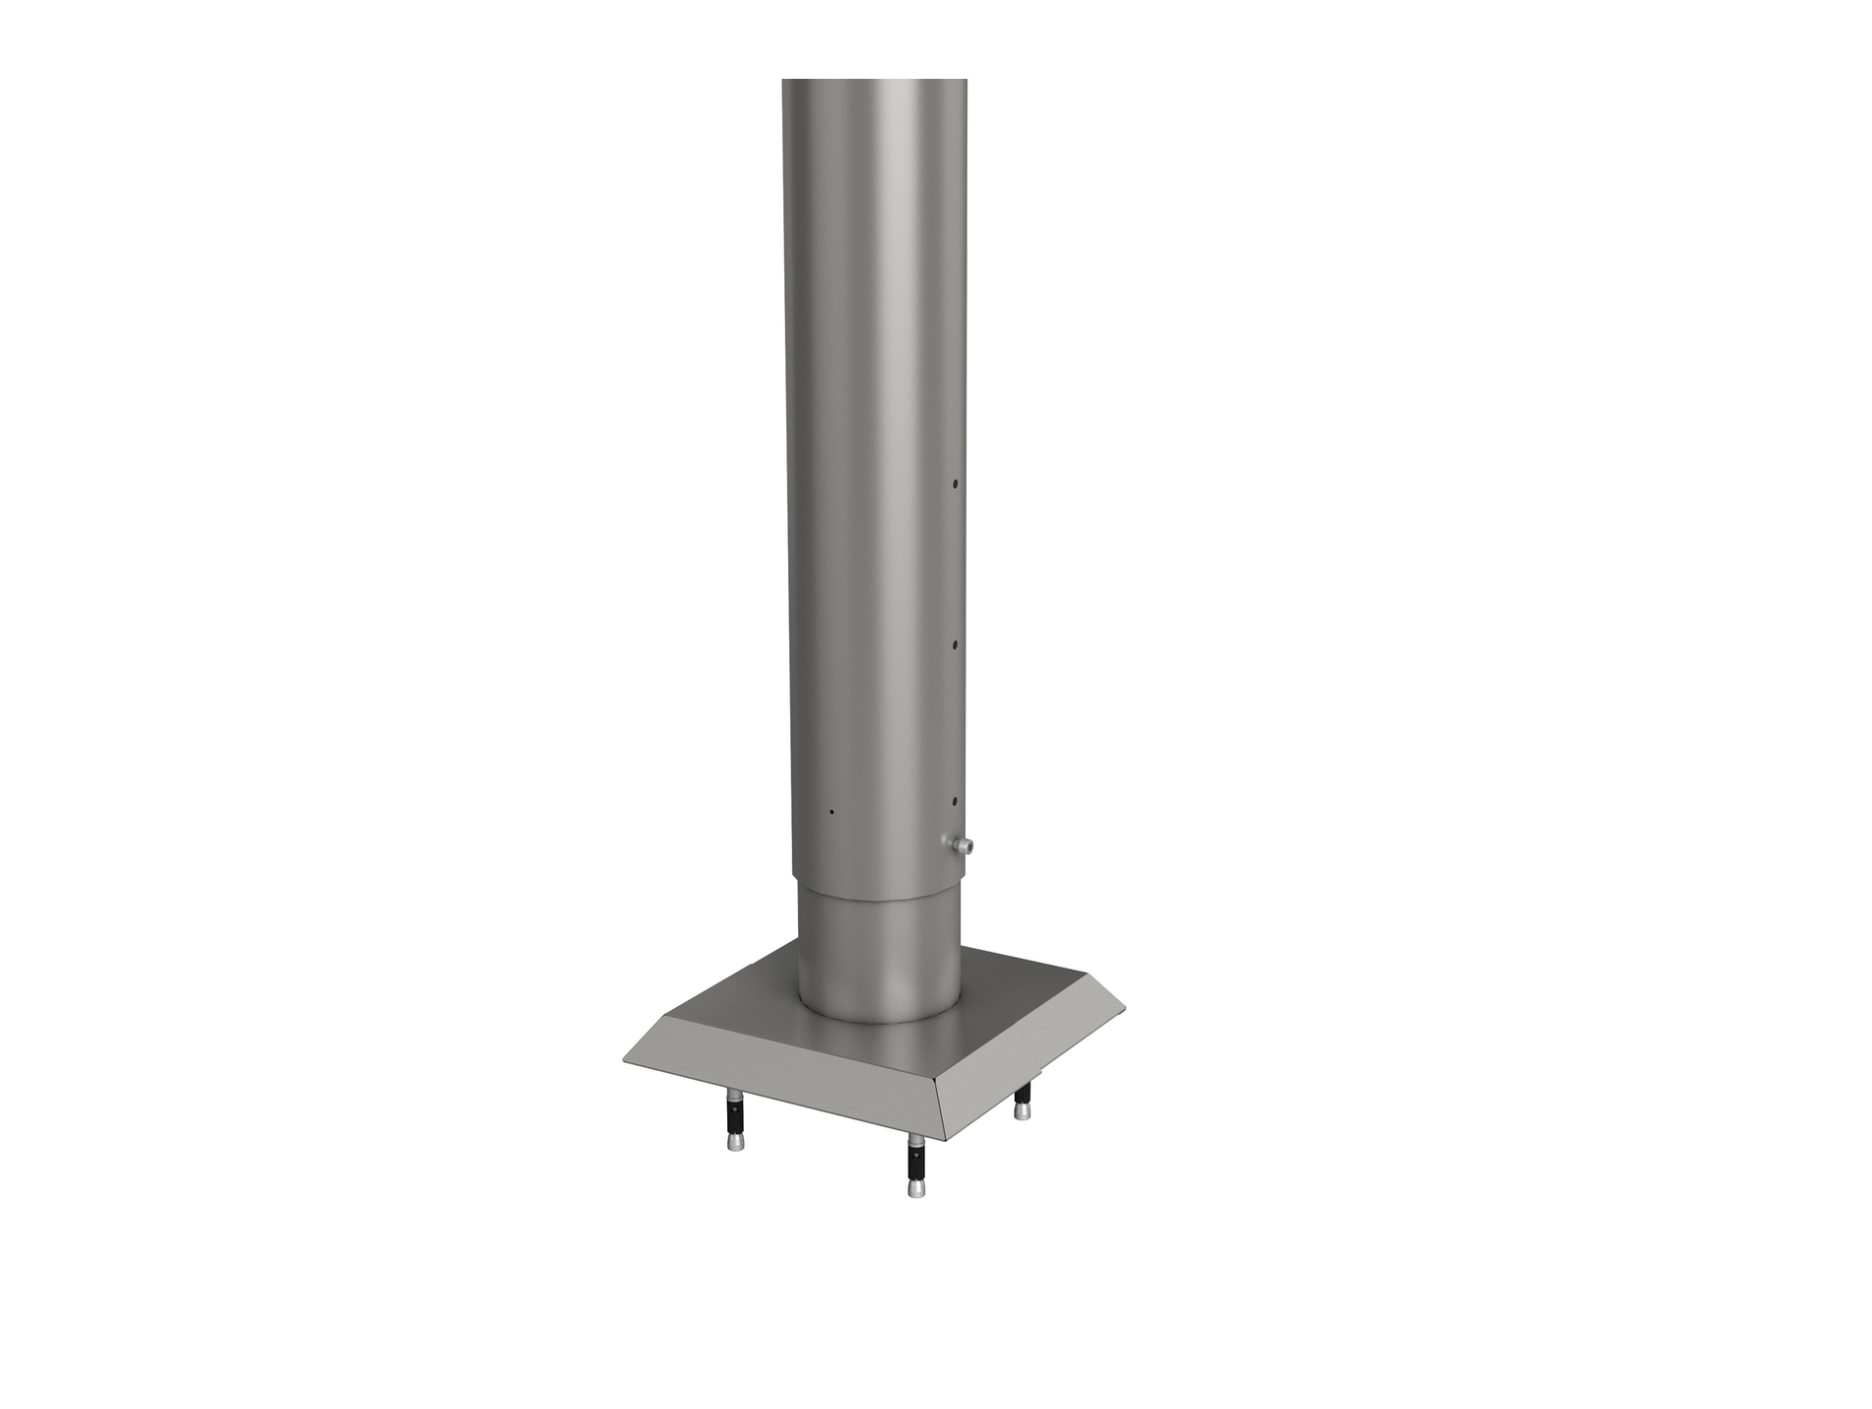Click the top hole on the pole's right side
[x=955, y=484]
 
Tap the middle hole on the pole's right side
[x=955, y=643]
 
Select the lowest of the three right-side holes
[x=955, y=802]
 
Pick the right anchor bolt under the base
[x=1025, y=1099]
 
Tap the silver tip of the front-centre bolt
[x=914, y=1189]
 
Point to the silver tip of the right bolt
[x=1025, y=1110]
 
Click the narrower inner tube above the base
[x=877, y=946]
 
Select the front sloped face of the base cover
[x=788, y=1094]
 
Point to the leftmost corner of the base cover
[x=625, y=1061]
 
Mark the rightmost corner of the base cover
[x=1124, y=1006]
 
